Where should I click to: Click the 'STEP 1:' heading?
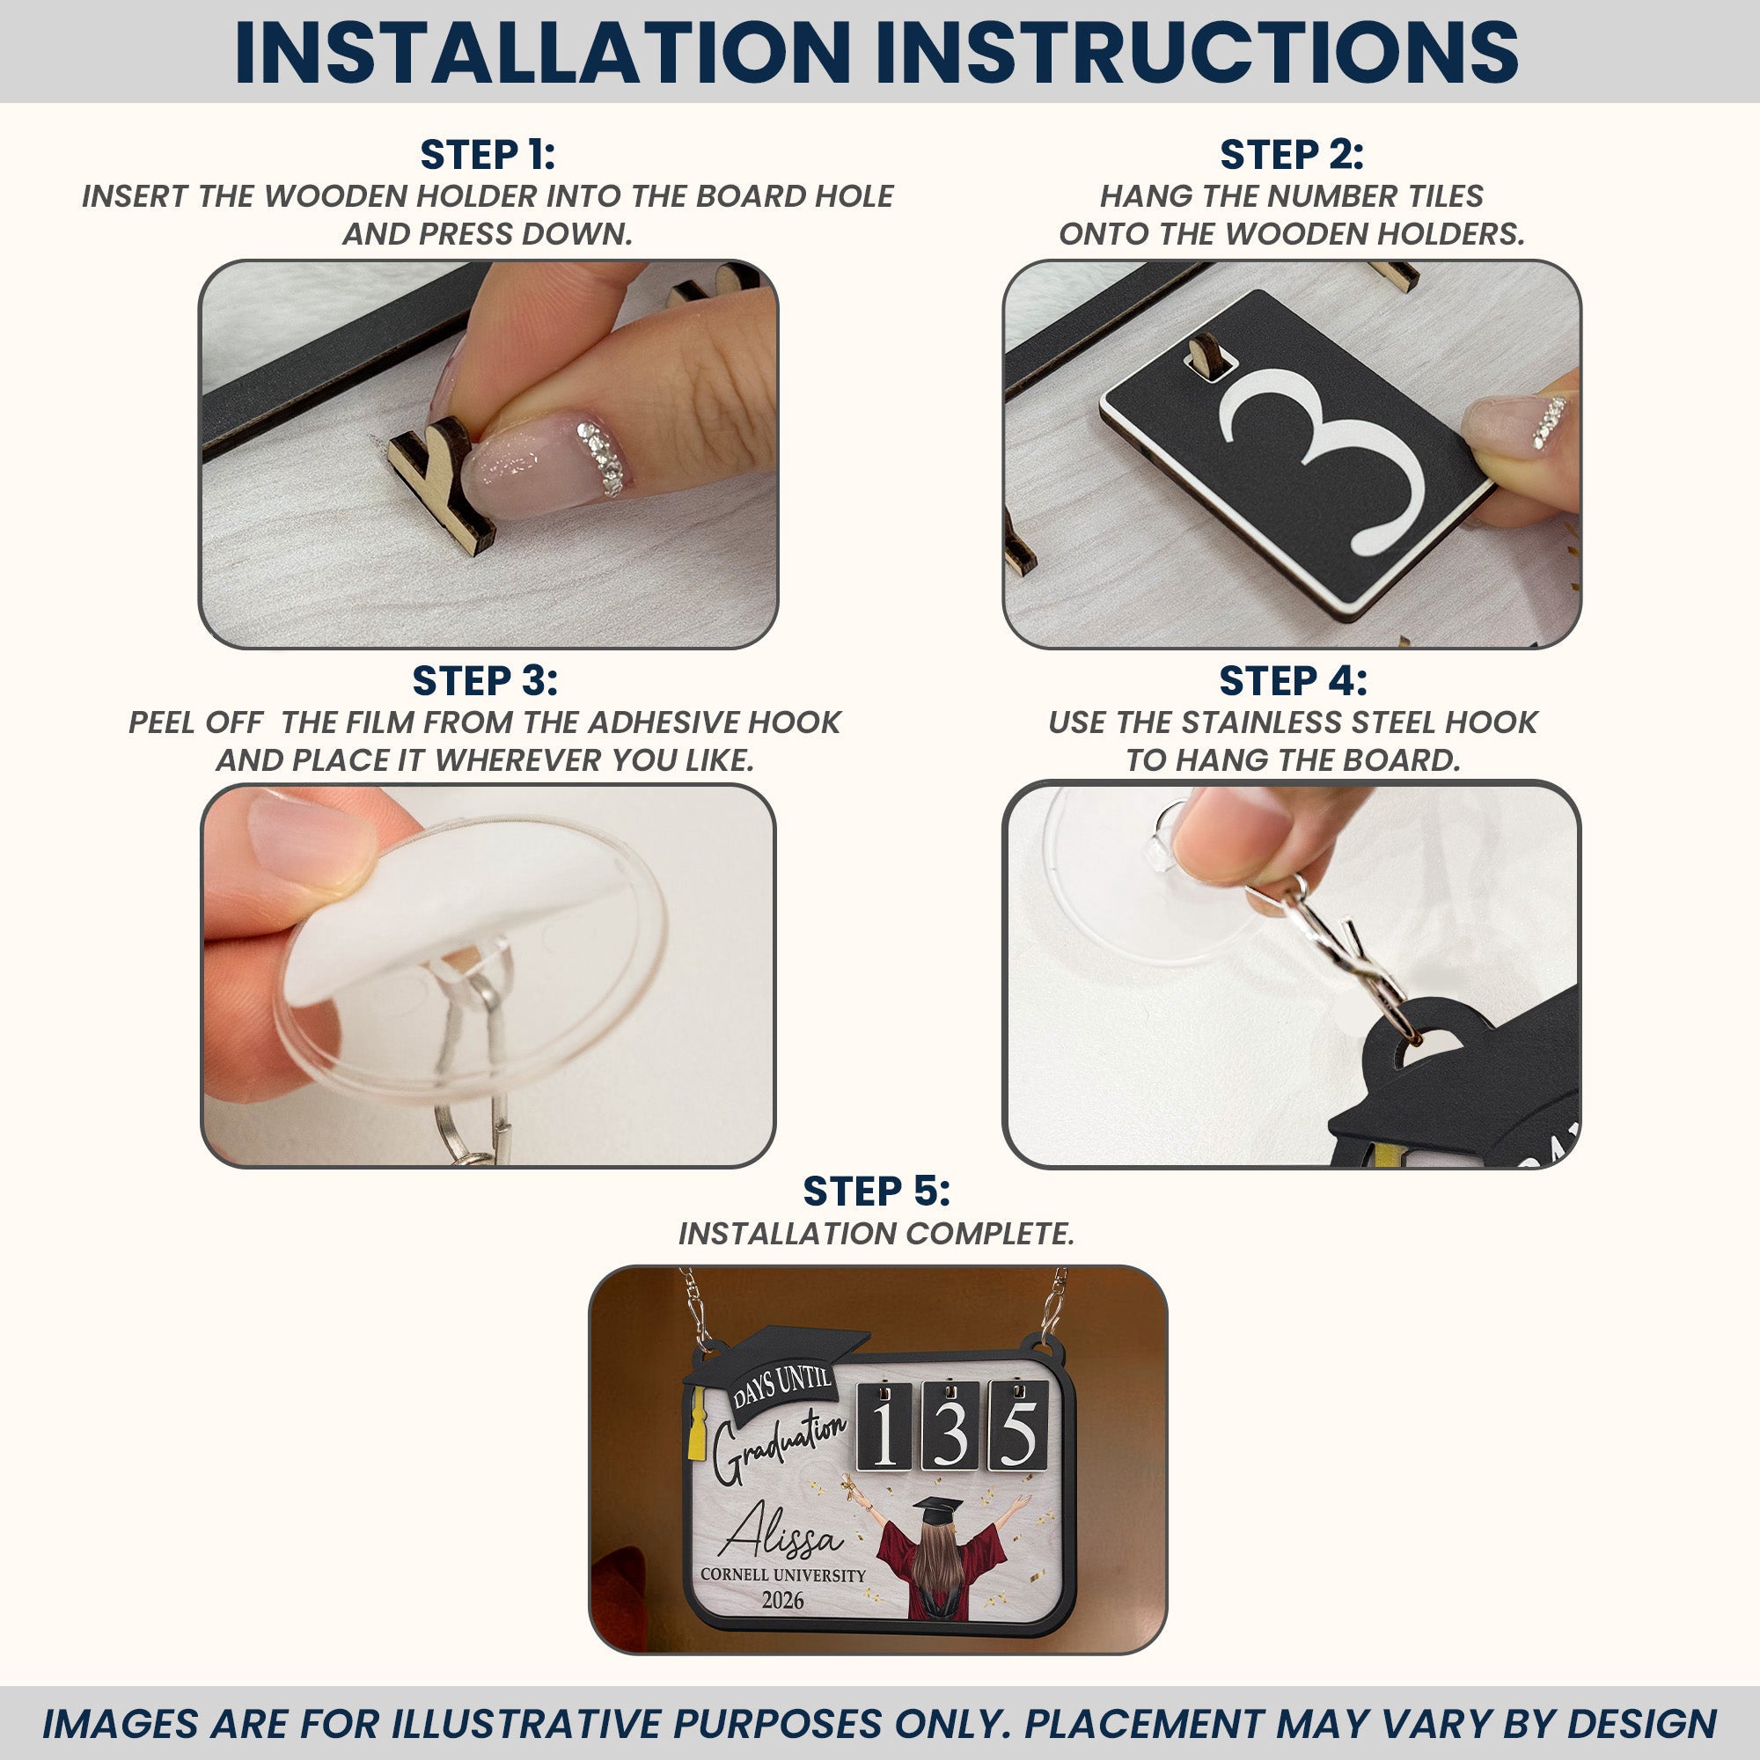tap(488, 155)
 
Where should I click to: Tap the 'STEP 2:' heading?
tap(1292, 155)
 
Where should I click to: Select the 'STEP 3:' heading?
tap(485, 680)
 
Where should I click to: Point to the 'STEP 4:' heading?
tap(1293, 680)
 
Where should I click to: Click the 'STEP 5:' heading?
tap(876, 1191)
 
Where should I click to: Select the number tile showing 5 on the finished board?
tap(1018, 1425)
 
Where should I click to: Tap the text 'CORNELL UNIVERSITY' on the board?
tap(782, 1575)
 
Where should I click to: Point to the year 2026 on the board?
tap(782, 1600)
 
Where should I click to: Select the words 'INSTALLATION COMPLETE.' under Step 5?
tap(876, 1234)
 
